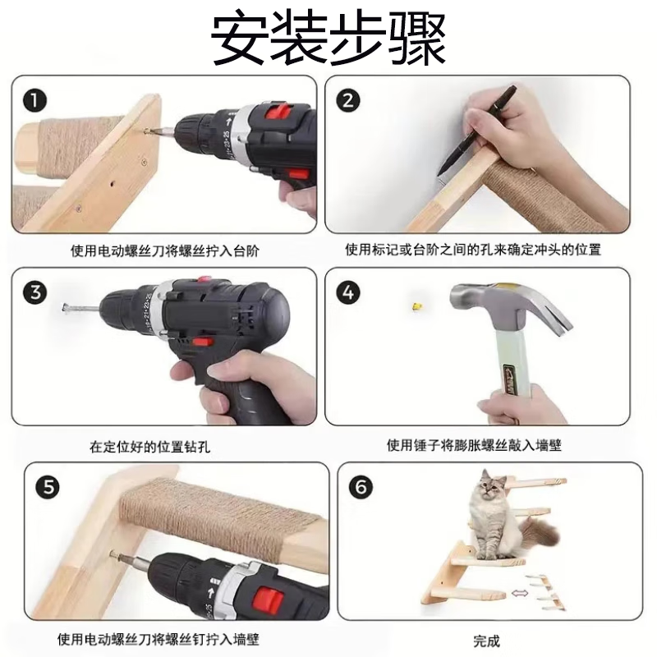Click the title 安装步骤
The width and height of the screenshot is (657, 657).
pos(328,38)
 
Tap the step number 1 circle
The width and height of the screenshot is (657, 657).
pos(34,100)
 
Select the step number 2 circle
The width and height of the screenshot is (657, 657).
pos(348,100)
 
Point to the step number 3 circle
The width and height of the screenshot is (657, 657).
pos(35,292)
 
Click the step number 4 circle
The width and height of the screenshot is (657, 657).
pos(348,292)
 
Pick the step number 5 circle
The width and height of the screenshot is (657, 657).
pos(48,487)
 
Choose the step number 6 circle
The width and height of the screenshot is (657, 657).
pos(361,487)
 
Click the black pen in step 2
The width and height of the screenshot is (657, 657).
pos(476,131)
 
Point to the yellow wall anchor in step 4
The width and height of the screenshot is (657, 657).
pos(417,307)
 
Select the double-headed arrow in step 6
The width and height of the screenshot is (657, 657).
pos(520,592)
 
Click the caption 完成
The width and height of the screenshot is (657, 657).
pos(486,641)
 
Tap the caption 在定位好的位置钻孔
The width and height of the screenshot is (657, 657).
pos(149,447)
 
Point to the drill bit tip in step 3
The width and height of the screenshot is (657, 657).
pos(65,309)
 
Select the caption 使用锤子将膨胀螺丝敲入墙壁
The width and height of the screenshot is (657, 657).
pos(474,445)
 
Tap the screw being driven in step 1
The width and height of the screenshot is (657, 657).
pos(147,131)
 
